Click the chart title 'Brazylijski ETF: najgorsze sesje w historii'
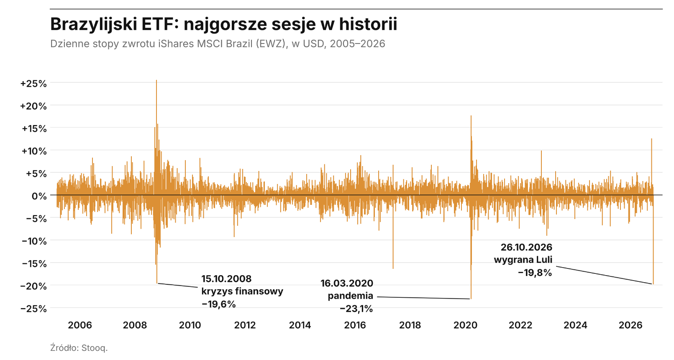click(x=223, y=24)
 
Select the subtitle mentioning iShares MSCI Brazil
click(x=218, y=44)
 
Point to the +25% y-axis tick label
click(x=33, y=84)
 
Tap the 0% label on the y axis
click(x=39, y=196)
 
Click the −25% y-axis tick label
click(x=33, y=309)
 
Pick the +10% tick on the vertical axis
click(x=34, y=151)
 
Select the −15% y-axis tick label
click(x=34, y=264)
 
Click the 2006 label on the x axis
click(x=80, y=325)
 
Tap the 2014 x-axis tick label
click(x=300, y=325)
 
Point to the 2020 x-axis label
click(x=465, y=325)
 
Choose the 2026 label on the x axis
click(x=630, y=325)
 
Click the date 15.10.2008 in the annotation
click(x=226, y=279)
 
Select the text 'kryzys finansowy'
click(x=242, y=291)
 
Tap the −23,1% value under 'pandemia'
click(x=356, y=309)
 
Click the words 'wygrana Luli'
click(x=523, y=260)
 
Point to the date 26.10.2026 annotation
click(x=527, y=247)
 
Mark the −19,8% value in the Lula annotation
click(x=535, y=273)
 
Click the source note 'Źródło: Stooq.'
click(x=79, y=348)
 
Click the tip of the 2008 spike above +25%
click(x=156, y=80)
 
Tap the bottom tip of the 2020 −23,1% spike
click(x=471, y=299)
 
